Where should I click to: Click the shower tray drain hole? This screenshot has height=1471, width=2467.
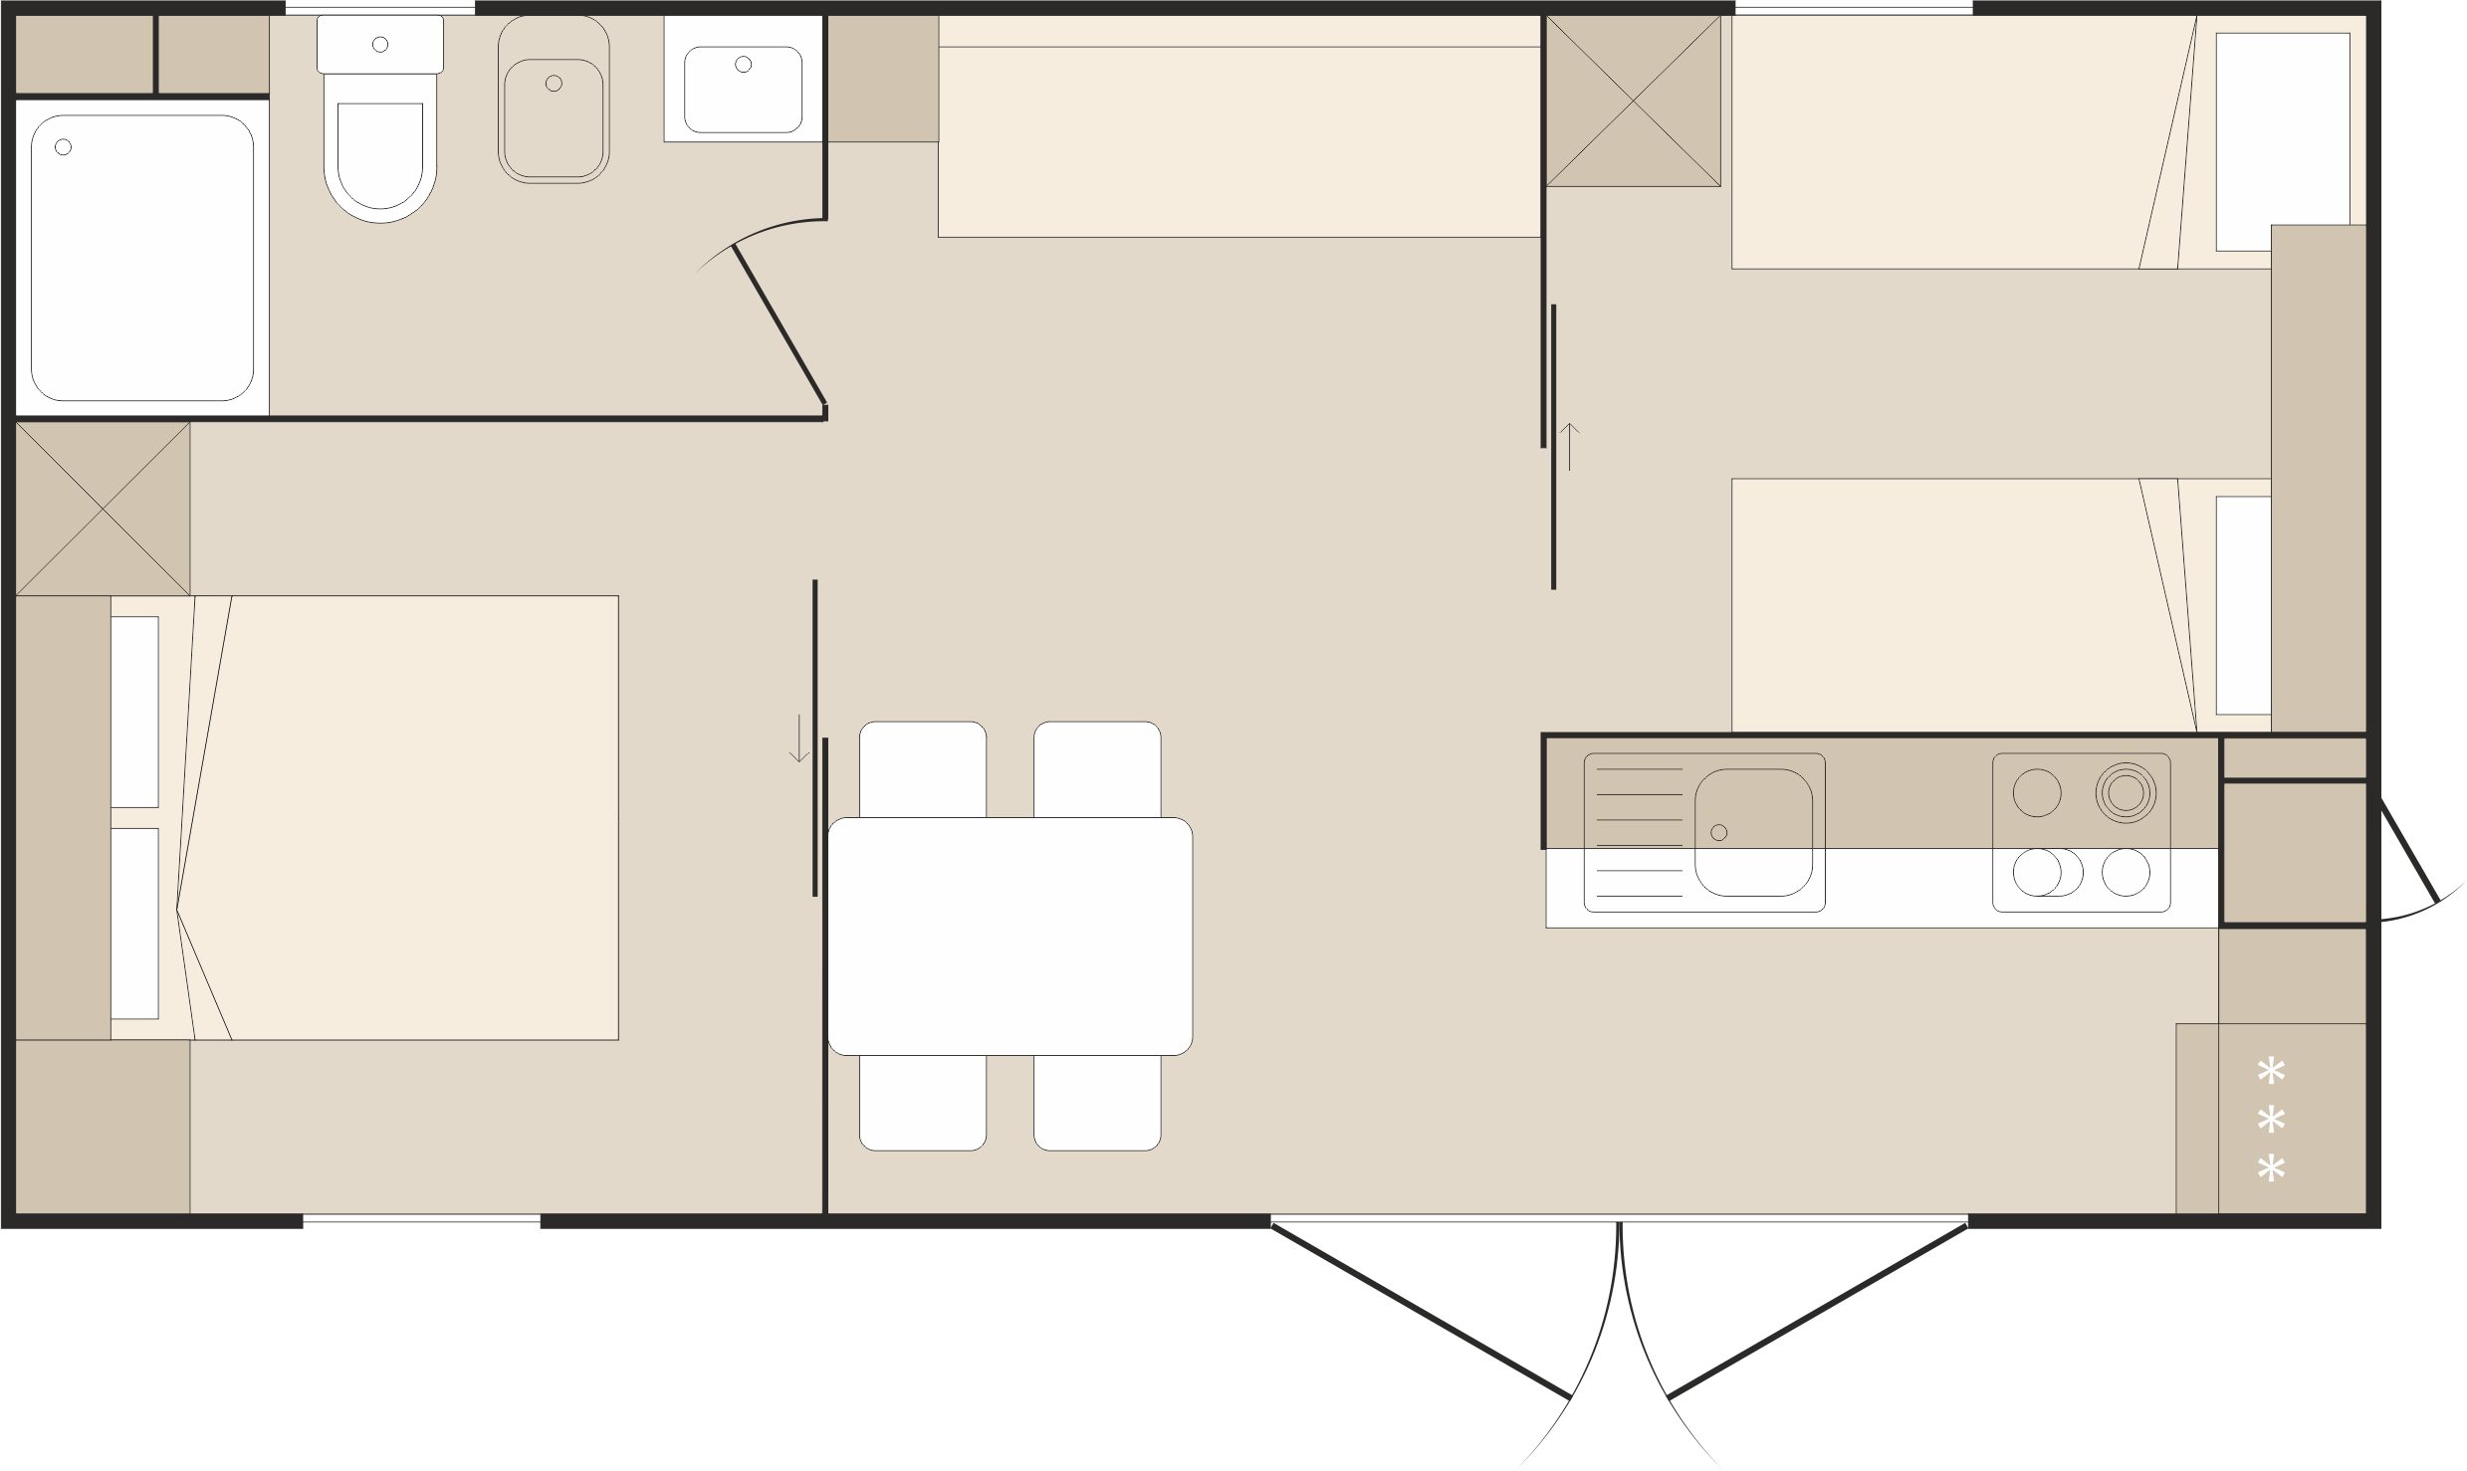(63, 147)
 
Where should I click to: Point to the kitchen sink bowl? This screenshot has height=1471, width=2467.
(1752, 832)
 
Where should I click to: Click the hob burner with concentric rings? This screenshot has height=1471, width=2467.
(2125, 792)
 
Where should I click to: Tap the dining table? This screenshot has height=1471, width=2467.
(1009, 936)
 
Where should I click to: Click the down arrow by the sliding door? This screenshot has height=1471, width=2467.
(798, 737)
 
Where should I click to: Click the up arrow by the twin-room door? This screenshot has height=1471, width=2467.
(1569, 446)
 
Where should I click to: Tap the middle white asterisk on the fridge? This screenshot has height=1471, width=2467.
(2271, 1121)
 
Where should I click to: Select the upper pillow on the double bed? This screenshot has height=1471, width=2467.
(134, 711)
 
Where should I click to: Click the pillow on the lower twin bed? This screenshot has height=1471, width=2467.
(2243, 605)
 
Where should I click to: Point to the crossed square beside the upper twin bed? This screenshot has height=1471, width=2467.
(1633, 101)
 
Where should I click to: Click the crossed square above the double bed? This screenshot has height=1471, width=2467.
(103, 509)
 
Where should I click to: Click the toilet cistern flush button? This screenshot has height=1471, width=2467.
(379, 44)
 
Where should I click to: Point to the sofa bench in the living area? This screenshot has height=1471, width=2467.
(1239, 139)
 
